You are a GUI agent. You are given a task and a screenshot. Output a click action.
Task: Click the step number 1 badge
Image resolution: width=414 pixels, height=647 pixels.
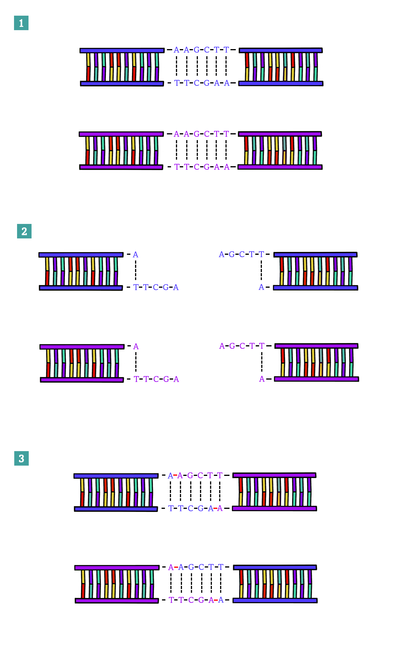pyautogui.click(x=21, y=23)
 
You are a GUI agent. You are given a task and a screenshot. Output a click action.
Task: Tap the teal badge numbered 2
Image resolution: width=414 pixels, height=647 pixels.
pyautogui.click(x=24, y=231)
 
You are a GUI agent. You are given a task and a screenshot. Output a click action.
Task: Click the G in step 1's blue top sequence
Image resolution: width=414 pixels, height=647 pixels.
pyautogui.click(x=196, y=50)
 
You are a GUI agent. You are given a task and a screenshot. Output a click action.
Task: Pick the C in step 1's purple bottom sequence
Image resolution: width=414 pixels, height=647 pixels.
pyautogui.click(x=196, y=167)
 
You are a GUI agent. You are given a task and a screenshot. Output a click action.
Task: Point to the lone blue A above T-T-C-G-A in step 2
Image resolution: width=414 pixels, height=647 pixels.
pyautogui.click(x=136, y=254)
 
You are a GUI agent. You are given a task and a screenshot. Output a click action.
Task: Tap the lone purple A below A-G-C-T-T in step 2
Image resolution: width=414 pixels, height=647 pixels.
pyautogui.click(x=262, y=379)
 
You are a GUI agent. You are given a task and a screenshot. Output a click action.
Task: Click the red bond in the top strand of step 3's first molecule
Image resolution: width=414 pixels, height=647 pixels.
pyautogui.click(x=175, y=475)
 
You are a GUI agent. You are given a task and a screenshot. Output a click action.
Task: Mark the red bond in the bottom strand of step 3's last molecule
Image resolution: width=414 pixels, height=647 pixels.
pyautogui.click(x=216, y=600)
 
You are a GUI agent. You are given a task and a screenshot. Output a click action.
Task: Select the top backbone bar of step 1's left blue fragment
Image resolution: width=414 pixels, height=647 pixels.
pyautogui.click(x=122, y=50)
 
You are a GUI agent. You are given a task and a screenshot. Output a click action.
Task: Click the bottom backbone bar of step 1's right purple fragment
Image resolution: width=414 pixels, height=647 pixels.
pyautogui.click(x=280, y=167)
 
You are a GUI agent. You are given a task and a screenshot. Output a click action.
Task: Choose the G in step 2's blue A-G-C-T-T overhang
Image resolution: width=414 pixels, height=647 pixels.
pyautogui.click(x=232, y=254)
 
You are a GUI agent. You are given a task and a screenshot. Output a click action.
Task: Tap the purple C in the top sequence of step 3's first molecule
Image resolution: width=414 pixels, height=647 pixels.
pyautogui.click(x=200, y=475)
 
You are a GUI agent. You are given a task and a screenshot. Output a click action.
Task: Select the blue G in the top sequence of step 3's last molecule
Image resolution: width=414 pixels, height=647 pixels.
pyautogui.click(x=191, y=567)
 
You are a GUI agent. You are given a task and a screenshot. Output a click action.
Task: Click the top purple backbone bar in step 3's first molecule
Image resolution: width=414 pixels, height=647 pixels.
pyautogui.click(x=274, y=475)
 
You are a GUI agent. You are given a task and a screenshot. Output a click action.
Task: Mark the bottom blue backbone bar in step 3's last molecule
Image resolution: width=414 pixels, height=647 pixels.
pyautogui.click(x=275, y=600)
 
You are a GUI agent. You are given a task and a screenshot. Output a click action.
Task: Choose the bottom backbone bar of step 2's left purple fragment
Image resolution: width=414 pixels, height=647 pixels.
pyautogui.click(x=82, y=380)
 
